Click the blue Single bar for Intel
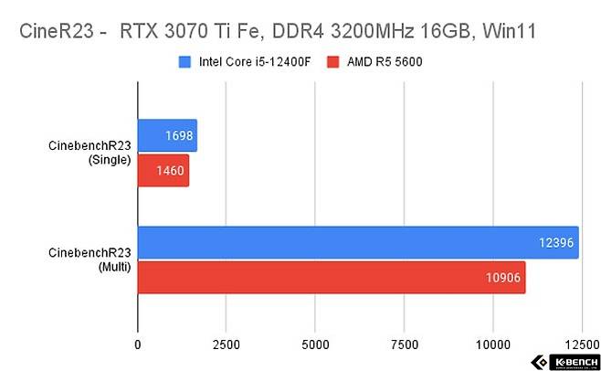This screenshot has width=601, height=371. (167, 135)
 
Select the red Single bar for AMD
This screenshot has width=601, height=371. (163, 170)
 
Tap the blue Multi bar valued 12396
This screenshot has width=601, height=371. (357, 242)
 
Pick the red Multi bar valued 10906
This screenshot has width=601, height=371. (331, 277)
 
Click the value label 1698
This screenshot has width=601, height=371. (178, 135)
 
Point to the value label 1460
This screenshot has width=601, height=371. (171, 170)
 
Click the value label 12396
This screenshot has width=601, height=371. (555, 242)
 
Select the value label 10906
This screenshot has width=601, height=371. (502, 277)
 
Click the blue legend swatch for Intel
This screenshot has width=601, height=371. (185, 62)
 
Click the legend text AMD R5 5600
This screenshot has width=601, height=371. (379, 62)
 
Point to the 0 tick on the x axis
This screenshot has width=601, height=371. (138, 345)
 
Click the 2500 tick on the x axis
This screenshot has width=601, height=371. (226, 345)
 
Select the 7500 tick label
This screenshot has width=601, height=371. (403, 345)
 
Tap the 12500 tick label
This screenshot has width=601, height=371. (579, 345)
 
